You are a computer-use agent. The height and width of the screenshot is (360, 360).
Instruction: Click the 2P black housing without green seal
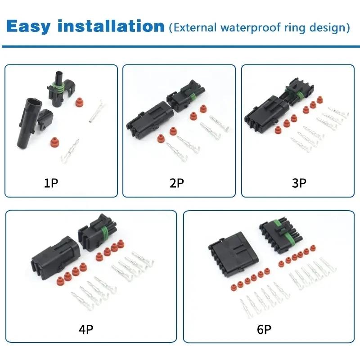(x=148, y=118)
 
